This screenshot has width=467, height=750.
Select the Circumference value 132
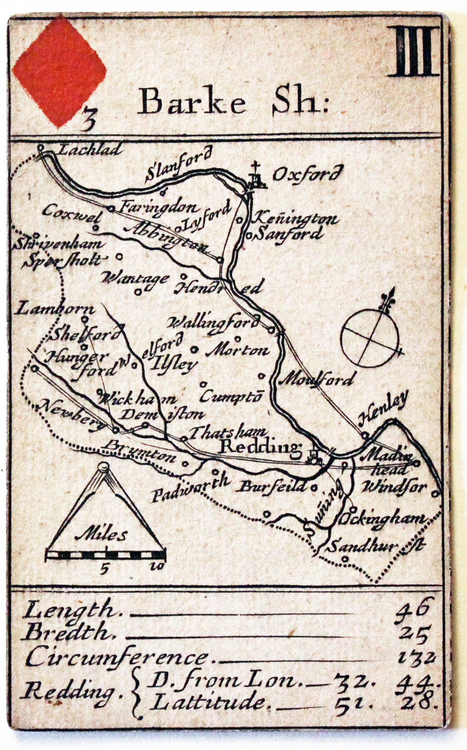pyautogui.click(x=417, y=658)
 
